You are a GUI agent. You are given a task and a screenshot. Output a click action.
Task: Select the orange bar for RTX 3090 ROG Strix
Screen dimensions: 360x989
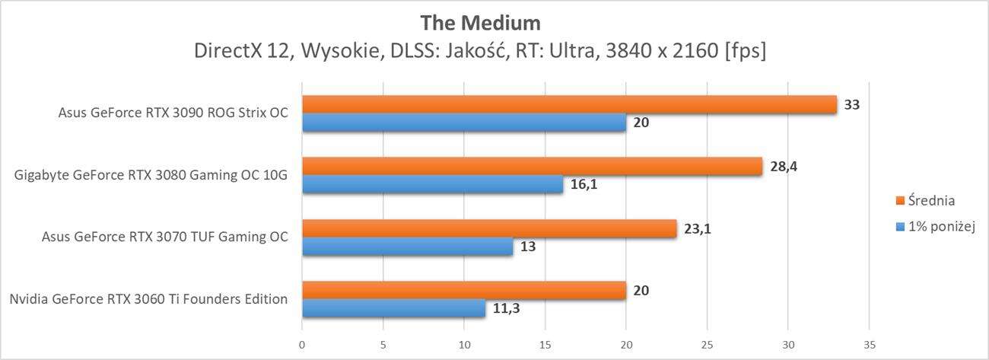tap(569, 105)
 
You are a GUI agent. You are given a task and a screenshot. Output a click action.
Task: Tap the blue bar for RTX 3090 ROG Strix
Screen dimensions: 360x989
tap(464, 123)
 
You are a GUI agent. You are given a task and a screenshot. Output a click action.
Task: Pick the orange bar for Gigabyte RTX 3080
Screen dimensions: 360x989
tap(532, 167)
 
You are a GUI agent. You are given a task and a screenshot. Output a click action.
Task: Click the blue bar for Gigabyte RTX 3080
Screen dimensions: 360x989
tap(432, 185)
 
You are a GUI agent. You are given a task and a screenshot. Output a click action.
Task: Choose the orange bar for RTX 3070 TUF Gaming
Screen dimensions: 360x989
tap(489, 228)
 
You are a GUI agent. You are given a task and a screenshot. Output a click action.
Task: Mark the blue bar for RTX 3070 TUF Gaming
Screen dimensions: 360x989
tap(407, 247)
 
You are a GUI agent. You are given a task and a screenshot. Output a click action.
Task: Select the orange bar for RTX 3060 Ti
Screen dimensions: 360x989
tap(464, 290)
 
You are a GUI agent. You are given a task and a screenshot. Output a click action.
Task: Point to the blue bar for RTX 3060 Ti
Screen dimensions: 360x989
tap(393, 308)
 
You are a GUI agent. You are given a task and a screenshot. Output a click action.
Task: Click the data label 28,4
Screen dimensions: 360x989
tap(783, 166)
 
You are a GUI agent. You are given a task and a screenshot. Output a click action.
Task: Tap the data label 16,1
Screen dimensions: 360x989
tap(584, 184)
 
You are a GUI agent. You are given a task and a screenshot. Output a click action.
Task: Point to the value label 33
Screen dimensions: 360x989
tap(852, 104)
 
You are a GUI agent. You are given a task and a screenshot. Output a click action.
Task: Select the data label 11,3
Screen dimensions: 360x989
tap(506, 308)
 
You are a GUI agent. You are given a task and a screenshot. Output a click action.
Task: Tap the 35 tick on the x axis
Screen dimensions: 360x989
tap(870, 344)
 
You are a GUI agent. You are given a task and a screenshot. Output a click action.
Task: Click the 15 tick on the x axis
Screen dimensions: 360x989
tap(545, 344)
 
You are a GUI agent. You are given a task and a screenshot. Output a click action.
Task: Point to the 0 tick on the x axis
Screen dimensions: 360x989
tap(302, 344)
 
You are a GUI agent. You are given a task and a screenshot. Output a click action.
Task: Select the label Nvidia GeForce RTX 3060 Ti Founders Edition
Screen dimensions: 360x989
tap(148, 299)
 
